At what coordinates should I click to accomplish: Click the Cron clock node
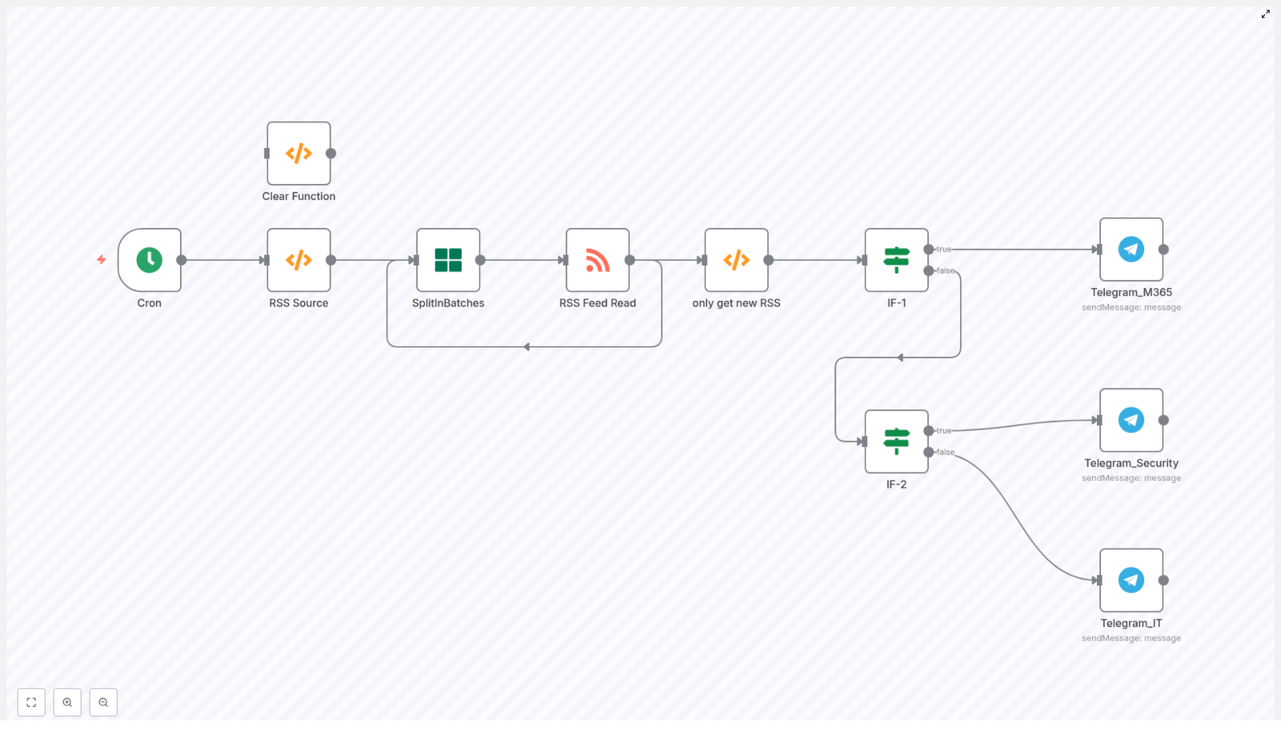pos(149,260)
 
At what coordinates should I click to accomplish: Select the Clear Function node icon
pos(299,154)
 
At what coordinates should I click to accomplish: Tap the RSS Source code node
pos(299,260)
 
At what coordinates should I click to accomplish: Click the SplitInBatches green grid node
pos(448,260)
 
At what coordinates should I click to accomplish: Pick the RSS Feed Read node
pos(597,260)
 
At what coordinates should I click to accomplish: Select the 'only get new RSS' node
pos(736,260)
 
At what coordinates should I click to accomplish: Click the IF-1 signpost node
pos(896,260)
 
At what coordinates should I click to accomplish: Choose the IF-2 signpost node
pos(896,441)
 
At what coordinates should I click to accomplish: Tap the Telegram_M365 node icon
pos(1130,249)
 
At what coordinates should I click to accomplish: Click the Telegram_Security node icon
pos(1130,420)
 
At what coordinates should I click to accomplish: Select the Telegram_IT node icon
pos(1130,580)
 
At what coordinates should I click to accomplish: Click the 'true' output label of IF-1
pos(945,249)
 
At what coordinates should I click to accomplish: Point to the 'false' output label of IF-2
pos(946,452)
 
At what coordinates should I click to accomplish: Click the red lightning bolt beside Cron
pos(102,259)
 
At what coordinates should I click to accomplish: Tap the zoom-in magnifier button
pos(67,702)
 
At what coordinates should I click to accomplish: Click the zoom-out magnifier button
pos(103,702)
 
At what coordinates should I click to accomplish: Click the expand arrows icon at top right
pos(1266,14)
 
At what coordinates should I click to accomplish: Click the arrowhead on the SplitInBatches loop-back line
pos(526,347)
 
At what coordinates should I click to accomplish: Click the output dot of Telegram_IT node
pos(1163,580)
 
